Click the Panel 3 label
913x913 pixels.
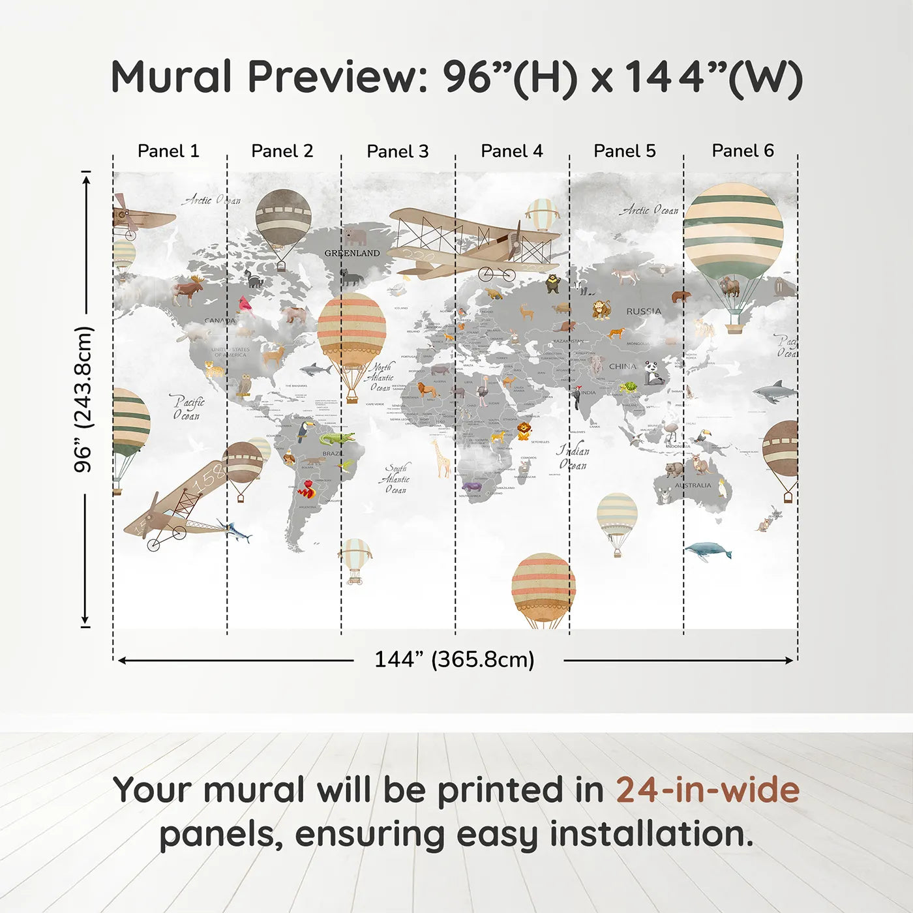click(397, 151)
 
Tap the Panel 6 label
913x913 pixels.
click(742, 151)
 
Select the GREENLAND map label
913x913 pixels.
click(352, 253)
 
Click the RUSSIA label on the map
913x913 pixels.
click(644, 312)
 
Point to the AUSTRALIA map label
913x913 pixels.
click(693, 485)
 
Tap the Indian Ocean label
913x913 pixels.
click(573, 458)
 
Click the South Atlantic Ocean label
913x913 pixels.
click(396, 479)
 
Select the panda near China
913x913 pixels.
click(653, 373)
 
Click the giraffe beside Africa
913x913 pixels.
click(442, 458)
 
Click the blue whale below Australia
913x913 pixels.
click(708, 551)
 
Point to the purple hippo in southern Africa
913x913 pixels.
click(471, 486)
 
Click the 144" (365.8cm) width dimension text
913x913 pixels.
click(454, 659)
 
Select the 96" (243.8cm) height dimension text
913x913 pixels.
click(83, 399)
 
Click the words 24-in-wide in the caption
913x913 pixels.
click(708, 790)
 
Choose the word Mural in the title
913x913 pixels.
click(171, 76)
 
